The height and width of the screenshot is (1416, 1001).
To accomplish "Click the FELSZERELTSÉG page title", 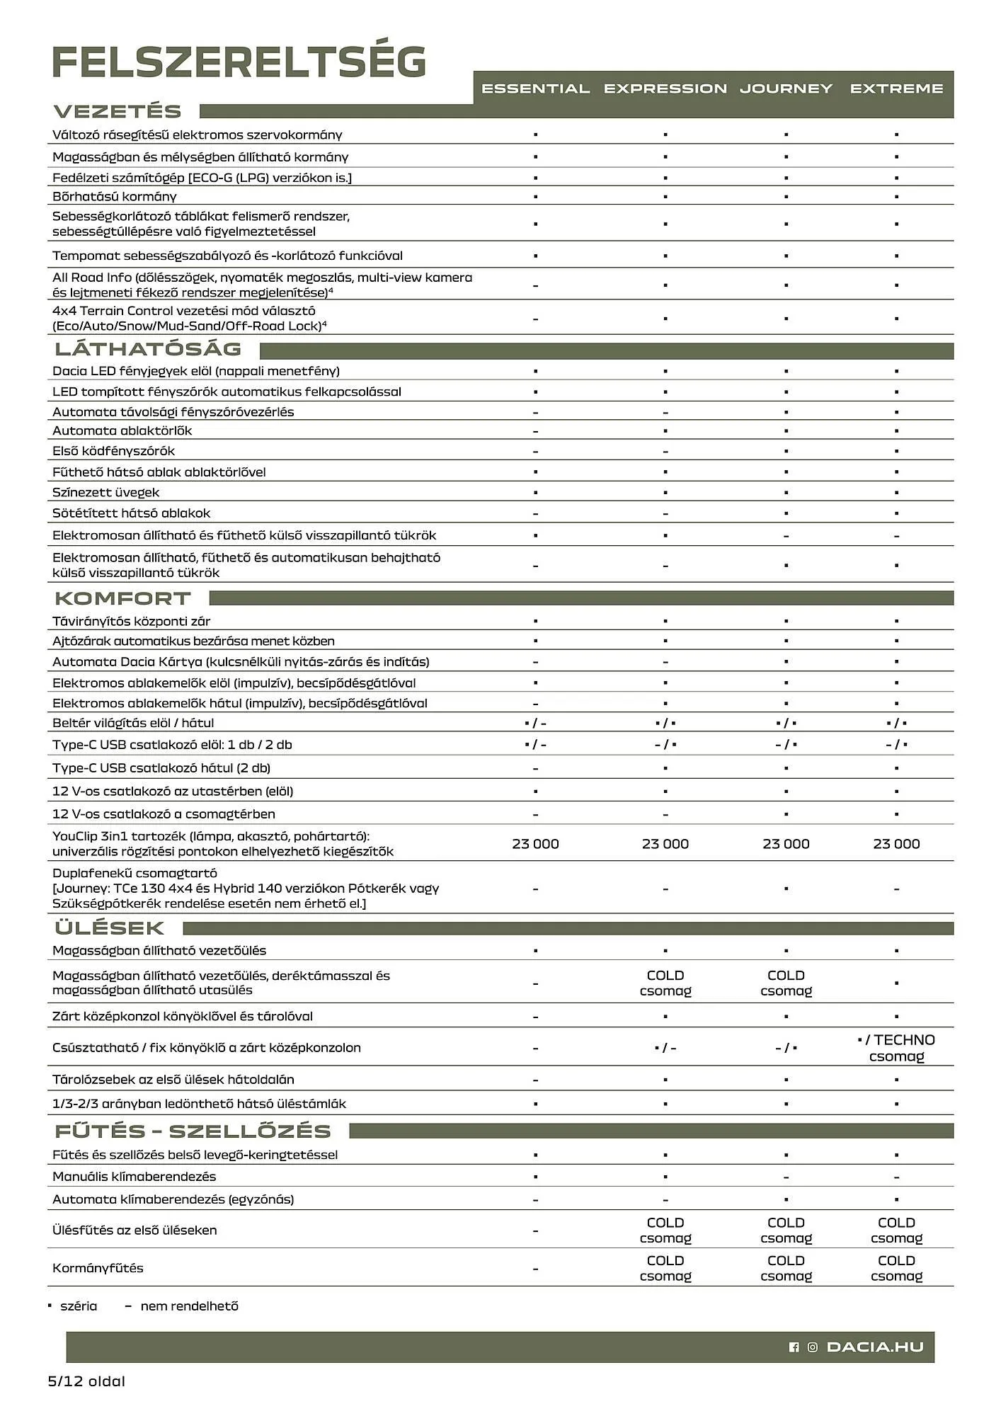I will [239, 62].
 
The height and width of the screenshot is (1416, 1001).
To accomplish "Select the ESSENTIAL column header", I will [535, 89].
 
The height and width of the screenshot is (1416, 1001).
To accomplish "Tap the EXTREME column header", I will [896, 89].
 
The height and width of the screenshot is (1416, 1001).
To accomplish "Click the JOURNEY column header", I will [786, 89].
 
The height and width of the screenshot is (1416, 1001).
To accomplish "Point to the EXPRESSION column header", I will [665, 89].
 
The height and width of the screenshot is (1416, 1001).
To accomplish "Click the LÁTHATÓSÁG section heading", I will [148, 349].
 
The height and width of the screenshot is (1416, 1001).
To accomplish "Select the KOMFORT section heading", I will [122, 599].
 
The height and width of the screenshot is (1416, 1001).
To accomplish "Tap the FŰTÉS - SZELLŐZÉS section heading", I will [193, 1131].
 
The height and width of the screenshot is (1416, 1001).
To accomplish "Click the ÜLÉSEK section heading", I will [109, 928].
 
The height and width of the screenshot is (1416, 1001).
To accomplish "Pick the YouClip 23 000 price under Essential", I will [535, 844].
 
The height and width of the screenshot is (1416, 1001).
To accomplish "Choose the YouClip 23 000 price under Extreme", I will [896, 844].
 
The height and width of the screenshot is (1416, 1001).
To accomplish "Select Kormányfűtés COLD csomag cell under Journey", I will [786, 1268].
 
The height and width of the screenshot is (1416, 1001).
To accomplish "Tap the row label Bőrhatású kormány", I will [115, 197].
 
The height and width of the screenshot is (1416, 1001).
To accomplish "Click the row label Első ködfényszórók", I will [113, 451].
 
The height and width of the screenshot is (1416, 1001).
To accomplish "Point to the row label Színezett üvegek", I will [106, 493].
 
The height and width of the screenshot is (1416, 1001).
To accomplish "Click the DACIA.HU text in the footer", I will [875, 1347].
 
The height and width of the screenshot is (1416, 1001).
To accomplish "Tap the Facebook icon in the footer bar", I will [794, 1347].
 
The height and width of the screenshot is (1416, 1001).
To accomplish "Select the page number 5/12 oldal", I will [86, 1381].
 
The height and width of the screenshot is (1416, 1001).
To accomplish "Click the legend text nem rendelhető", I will [189, 1306].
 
